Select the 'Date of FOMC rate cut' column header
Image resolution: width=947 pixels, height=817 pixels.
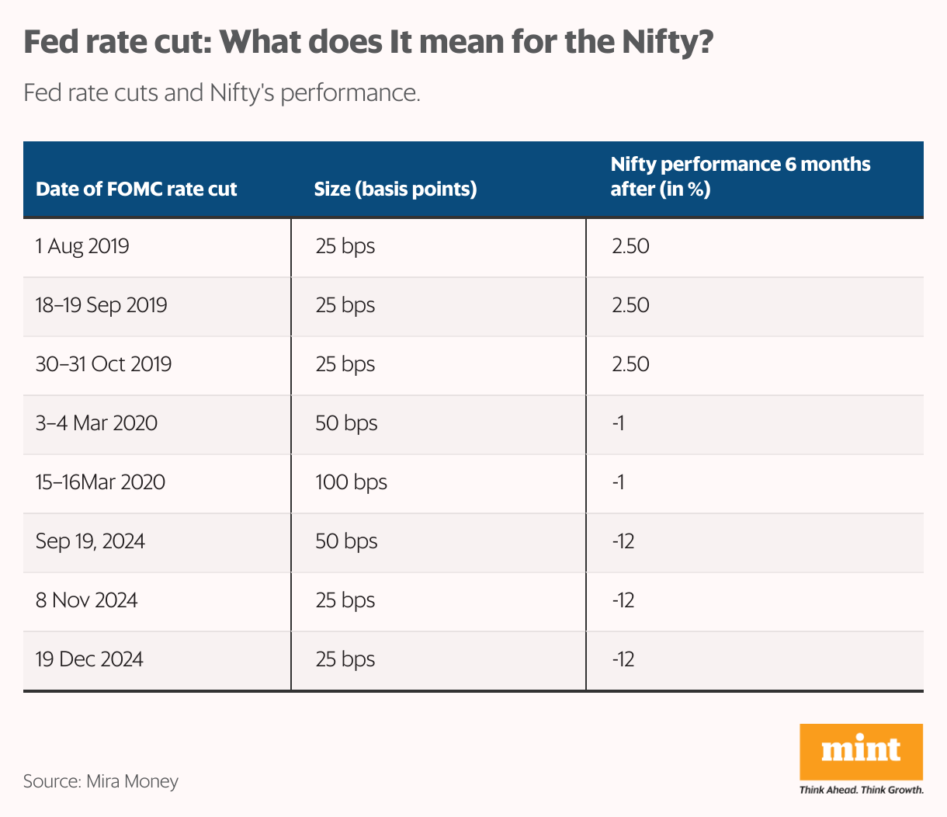[137, 189]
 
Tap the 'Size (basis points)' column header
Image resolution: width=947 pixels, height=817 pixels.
[395, 189]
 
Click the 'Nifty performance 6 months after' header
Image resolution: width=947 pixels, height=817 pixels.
[740, 176]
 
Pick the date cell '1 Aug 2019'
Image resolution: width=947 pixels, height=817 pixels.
[82, 247]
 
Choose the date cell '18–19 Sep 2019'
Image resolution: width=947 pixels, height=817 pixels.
[102, 305]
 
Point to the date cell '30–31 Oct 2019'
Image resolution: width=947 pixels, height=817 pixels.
[103, 364]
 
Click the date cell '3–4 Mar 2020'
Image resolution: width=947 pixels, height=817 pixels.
[96, 423]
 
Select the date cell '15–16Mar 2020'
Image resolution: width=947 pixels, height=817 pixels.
[100, 482]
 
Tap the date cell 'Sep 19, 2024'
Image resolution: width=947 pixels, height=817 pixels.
[90, 541]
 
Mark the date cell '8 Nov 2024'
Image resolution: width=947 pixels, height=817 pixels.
[86, 600]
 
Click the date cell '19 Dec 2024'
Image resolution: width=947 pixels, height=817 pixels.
[89, 659]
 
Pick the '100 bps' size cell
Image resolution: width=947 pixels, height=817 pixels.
[351, 482]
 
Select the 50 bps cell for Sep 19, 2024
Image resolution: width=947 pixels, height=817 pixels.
[346, 541]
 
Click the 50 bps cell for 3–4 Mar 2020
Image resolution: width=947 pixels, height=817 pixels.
[346, 423]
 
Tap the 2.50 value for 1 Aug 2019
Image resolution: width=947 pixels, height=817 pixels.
[630, 247]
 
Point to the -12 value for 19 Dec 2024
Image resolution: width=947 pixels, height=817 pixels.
[623, 659]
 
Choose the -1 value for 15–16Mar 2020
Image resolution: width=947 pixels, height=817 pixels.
[618, 482]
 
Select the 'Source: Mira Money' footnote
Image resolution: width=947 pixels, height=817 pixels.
[101, 781]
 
